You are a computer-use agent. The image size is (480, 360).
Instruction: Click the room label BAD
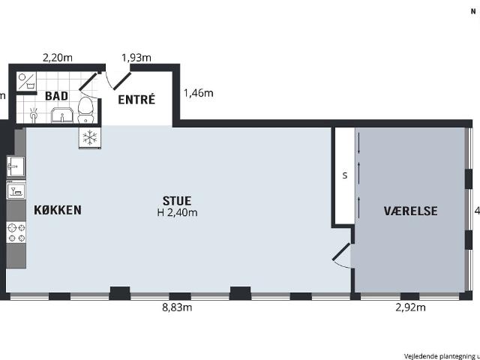[57, 96]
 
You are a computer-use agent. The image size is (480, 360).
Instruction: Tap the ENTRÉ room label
[136, 98]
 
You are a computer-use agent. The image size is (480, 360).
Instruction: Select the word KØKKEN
[57, 210]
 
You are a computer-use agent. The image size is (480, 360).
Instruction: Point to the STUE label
[177, 200]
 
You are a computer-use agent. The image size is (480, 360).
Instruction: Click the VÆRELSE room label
[410, 211]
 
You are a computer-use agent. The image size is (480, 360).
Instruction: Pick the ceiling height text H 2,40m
[177, 213]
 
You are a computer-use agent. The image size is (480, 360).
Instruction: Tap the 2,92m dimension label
[410, 307]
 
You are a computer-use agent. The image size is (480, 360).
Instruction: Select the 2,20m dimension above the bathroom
[57, 57]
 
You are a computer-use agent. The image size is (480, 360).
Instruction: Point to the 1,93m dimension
[136, 57]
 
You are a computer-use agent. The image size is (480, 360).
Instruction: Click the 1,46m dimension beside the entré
[199, 94]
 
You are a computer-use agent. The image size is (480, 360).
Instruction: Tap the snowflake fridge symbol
[90, 137]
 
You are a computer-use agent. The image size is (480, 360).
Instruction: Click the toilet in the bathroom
[86, 108]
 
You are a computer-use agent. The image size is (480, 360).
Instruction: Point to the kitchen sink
[15, 166]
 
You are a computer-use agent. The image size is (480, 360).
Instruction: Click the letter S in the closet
[344, 176]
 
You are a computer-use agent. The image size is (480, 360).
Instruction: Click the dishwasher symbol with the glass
[16, 191]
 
